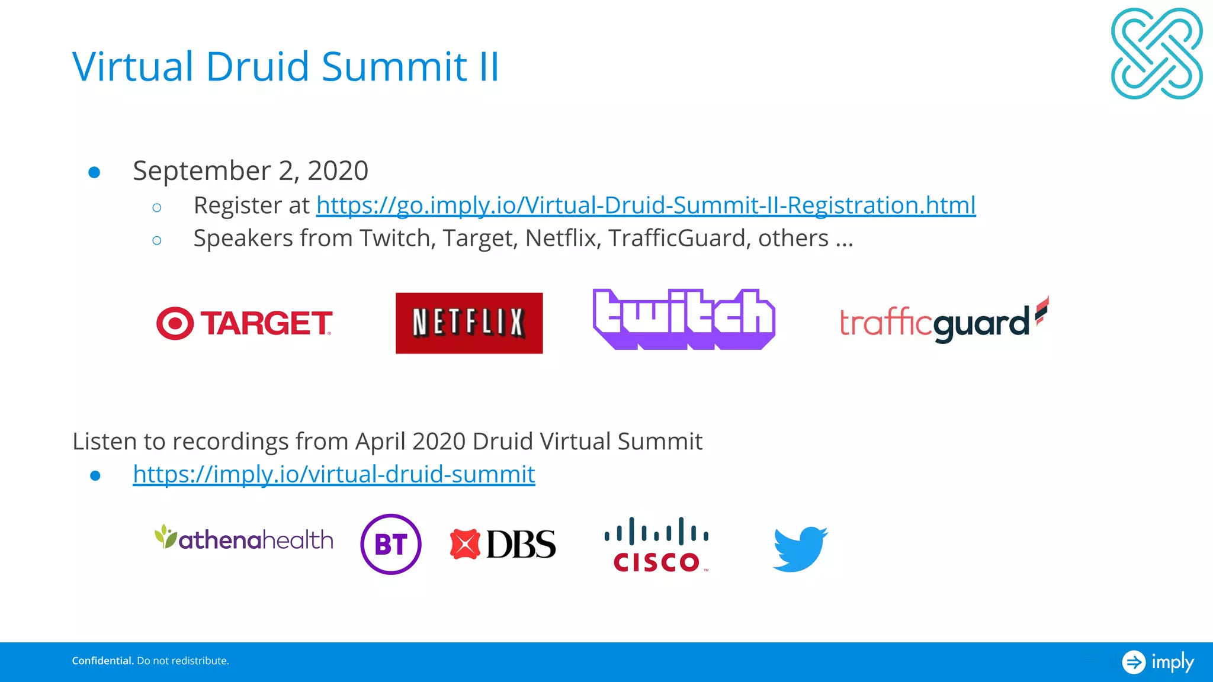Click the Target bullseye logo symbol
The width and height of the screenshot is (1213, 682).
[175, 323]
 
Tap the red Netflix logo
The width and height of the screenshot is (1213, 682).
[469, 323]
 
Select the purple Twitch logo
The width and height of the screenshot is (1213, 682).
[683, 320]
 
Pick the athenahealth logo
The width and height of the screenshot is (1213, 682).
[244, 539]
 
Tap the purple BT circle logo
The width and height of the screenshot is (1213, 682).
[391, 544]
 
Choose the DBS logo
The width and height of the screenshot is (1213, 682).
[503, 544]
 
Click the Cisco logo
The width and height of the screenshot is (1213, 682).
[656, 545]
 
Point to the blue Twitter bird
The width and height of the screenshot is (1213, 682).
[800, 548]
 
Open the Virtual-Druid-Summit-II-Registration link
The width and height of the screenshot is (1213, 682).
[646, 205]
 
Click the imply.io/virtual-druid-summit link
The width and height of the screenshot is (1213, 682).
[334, 474]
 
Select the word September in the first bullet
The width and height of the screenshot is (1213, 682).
[202, 171]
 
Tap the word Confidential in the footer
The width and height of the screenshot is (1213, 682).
[102, 661]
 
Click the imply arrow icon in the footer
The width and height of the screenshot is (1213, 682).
[1134, 662]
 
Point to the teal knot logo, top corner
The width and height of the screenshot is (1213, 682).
[1156, 53]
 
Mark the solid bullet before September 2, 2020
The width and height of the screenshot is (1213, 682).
[94, 172]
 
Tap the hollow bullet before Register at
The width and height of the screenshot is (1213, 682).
[157, 208]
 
